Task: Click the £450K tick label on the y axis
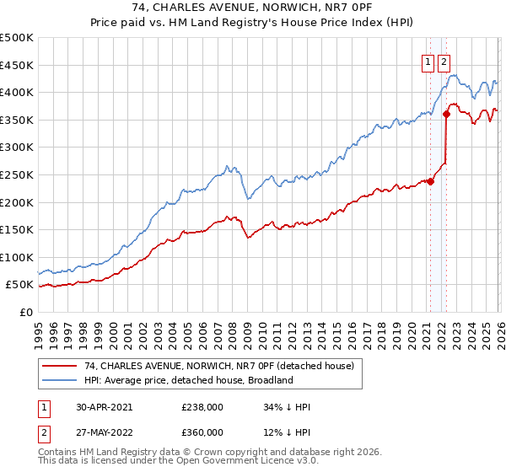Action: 17,65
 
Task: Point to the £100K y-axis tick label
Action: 17,257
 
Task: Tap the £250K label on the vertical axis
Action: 17,174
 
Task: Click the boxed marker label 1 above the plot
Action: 428,61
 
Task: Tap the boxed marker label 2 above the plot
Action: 444,61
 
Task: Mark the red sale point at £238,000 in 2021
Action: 430,180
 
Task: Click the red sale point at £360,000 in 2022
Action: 446,114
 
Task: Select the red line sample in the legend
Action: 60,366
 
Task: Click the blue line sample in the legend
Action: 60,380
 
